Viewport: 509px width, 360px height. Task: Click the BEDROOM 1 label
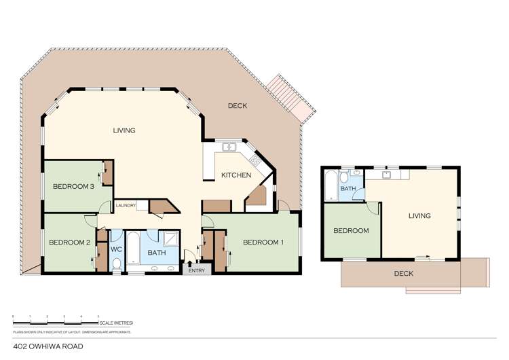[263, 242]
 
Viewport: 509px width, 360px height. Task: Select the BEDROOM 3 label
[73, 187]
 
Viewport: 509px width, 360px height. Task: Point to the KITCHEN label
[236, 175]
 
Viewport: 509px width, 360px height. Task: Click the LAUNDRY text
[126, 206]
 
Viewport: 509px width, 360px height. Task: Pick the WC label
[116, 249]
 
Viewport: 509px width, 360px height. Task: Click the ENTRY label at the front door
[196, 270]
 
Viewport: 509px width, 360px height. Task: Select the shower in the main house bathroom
[170, 238]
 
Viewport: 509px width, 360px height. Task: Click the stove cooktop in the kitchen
[255, 160]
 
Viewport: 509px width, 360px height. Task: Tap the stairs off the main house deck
[292, 99]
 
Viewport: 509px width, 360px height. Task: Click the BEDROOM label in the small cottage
[351, 231]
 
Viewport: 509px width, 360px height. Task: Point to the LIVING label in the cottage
[419, 216]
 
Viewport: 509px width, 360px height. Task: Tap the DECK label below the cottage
[403, 274]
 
